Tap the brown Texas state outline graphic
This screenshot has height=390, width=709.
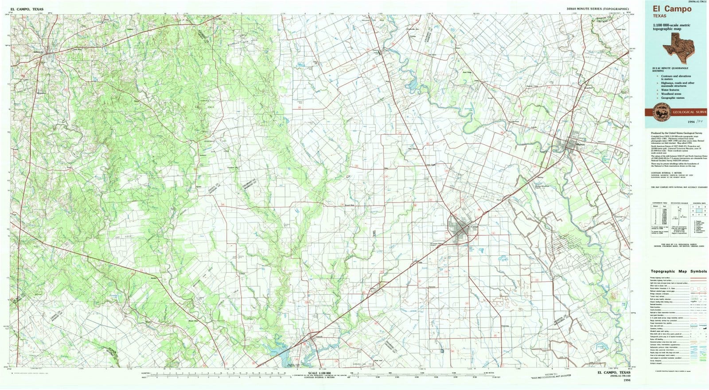pyautogui.click(x=676, y=47)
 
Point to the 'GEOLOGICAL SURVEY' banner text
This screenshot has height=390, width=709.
pyautogui.click(x=689, y=113)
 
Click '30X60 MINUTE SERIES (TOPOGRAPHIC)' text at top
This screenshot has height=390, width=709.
pyautogui.click(x=597, y=9)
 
